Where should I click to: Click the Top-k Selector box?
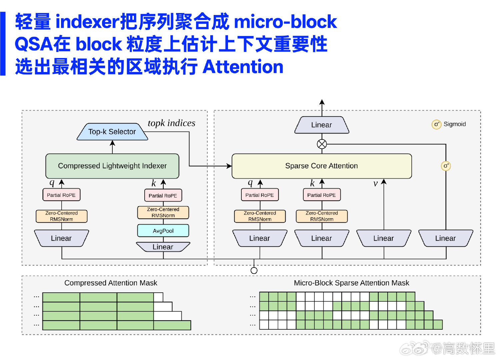point(112,132)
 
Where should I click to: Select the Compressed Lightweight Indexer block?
point(112,166)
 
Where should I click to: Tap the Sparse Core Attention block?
point(322,166)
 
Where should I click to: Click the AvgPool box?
point(163,231)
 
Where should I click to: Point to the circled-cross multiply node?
point(322,144)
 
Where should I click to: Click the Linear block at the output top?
point(322,125)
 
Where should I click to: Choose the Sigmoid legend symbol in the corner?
point(436,124)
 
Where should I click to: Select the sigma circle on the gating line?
point(446,166)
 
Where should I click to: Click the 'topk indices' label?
point(171,123)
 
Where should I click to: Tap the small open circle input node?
point(254,270)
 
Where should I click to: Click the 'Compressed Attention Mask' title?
point(111,283)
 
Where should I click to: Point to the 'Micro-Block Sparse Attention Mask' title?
point(352,283)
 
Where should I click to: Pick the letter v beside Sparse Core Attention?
point(375,184)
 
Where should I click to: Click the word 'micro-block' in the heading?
point(286,22)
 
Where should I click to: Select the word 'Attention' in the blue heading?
point(243,67)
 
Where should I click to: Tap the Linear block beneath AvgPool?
point(163,247)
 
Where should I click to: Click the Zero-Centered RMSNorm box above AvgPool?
point(163,213)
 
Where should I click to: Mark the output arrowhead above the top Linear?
point(322,102)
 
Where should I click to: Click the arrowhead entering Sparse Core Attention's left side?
point(229,166)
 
